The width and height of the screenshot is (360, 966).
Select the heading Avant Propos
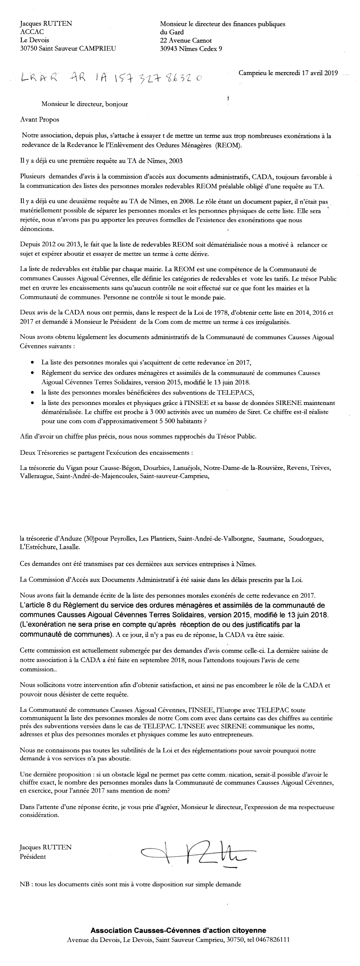[x=40, y=119]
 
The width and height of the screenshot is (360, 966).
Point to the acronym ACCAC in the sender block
[x=32, y=32]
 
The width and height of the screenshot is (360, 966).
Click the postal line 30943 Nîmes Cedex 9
[x=191, y=49]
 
